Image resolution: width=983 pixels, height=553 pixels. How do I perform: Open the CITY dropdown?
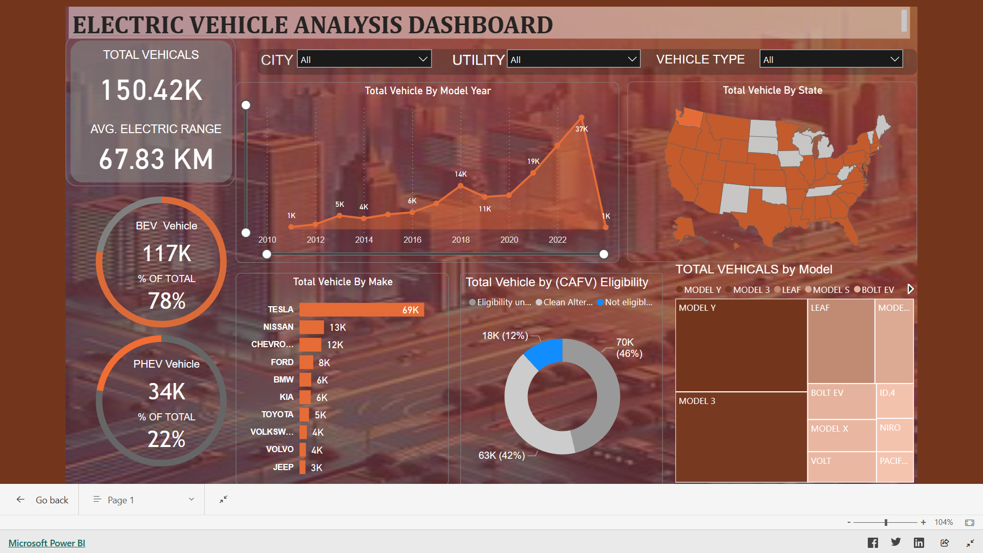click(x=364, y=59)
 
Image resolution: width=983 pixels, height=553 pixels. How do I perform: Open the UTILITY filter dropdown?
click(x=573, y=59)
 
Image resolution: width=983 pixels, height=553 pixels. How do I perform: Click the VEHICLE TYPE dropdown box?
click(x=830, y=59)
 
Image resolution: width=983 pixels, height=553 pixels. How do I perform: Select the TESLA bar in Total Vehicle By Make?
click(x=361, y=310)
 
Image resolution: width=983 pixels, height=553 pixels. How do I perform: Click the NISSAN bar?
click(x=311, y=327)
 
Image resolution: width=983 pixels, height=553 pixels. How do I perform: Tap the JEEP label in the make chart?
click(x=283, y=467)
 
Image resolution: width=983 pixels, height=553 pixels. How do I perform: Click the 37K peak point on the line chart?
click(x=581, y=118)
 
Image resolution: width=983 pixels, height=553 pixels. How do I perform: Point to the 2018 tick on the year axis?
click(x=461, y=240)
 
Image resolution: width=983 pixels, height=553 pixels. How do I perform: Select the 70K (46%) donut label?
click(x=629, y=348)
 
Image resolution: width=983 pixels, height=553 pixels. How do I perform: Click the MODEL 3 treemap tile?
click(x=741, y=436)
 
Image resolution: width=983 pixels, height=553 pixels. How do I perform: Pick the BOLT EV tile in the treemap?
click(x=841, y=401)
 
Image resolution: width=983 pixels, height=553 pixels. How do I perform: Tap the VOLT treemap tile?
click(x=841, y=466)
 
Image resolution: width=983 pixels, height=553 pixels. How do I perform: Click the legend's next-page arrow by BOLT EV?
click(x=910, y=289)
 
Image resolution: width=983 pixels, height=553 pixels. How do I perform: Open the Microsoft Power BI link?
click(x=47, y=543)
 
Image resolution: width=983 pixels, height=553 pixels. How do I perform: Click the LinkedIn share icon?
click(x=919, y=543)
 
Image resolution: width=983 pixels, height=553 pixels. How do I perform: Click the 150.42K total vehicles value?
click(x=152, y=90)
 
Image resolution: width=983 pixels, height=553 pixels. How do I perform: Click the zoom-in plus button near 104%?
click(x=923, y=522)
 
